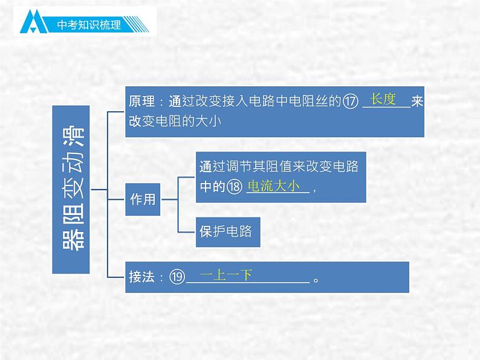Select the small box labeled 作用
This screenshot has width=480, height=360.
point(143,199)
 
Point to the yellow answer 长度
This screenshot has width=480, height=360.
point(383,99)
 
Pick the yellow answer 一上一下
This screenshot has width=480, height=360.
point(225,275)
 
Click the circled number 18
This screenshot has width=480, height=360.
point(235,188)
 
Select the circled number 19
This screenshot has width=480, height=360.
point(176,277)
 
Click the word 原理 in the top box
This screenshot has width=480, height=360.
point(143,101)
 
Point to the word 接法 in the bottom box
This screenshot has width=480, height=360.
point(143,277)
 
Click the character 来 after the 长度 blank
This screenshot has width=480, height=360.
point(417,101)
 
